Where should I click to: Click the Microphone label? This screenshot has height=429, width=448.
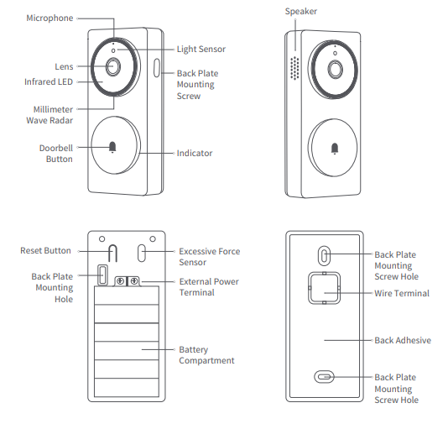(50, 18)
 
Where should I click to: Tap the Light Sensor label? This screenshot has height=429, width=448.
(201, 50)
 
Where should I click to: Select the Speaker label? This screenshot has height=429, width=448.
(300, 11)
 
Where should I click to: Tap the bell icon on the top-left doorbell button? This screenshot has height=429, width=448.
(112, 148)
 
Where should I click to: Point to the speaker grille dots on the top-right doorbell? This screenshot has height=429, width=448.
(294, 68)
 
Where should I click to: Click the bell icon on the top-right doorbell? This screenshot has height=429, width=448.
(336, 149)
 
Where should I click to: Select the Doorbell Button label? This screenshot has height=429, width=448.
(56, 153)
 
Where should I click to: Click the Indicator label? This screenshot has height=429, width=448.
(195, 154)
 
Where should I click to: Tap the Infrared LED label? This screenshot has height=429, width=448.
(49, 81)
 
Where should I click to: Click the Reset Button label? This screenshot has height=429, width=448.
(46, 250)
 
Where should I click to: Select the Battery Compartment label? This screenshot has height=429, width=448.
(206, 355)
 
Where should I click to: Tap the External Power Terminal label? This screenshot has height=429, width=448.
(208, 287)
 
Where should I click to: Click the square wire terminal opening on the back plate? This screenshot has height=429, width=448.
(324, 289)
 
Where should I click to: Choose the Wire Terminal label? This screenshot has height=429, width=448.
(401, 294)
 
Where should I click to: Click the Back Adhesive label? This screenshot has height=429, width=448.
(402, 340)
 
